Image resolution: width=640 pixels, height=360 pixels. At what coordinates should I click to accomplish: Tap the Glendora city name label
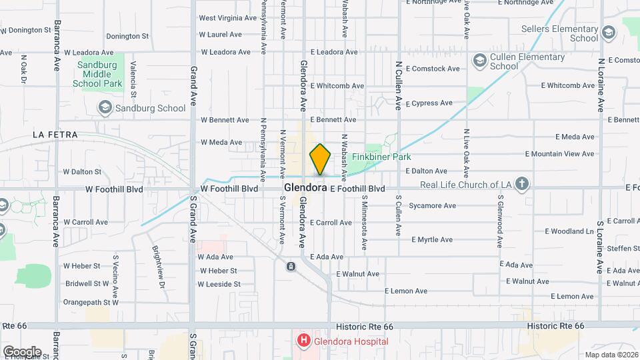pyautogui.click(x=305, y=188)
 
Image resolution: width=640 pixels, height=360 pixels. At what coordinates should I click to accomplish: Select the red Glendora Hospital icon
pyautogui.click(x=304, y=341)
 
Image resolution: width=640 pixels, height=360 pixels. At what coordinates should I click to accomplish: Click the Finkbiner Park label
pyautogui.click(x=400, y=157)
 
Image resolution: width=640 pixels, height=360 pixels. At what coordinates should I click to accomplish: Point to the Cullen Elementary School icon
pyautogui.click(x=479, y=61)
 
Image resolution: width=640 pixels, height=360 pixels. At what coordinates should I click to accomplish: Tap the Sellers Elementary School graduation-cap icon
pyautogui.click(x=608, y=33)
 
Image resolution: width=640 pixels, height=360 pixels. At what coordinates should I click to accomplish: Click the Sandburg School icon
pyautogui.click(x=105, y=107)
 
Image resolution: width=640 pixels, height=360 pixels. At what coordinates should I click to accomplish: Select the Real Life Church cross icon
pyautogui.click(x=522, y=184)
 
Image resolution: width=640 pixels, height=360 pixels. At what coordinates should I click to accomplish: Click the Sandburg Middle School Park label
pyautogui.click(x=97, y=74)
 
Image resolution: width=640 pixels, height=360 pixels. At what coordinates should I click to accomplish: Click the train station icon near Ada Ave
pyautogui.click(x=291, y=267)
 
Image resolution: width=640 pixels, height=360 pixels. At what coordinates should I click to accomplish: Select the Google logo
pyautogui.click(x=22, y=351)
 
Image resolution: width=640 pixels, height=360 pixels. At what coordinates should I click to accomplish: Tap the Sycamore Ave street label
pyautogui.click(x=432, y=205)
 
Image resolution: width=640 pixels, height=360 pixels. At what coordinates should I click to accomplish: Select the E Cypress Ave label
pyautogui.click(x=432, y=103)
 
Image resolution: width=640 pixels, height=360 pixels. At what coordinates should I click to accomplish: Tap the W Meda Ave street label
pyautogui.click(x=221, y=142)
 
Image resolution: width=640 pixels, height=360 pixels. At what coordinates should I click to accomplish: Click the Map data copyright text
pyautogui.click(x=610, y=355)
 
